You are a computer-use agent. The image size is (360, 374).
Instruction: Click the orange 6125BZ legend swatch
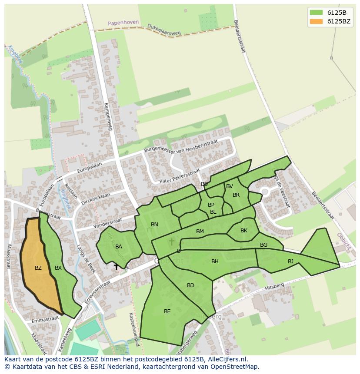[316, 21]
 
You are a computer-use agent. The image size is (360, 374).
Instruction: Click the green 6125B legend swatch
[316, 13]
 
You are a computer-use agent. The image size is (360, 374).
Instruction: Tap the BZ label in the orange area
[38, 268]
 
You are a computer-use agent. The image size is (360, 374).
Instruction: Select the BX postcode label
[58, 268]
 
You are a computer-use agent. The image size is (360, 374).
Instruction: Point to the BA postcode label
[119, 247]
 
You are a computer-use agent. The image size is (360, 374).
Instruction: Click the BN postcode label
[154, 225]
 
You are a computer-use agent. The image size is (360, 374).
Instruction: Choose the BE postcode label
[167, 311]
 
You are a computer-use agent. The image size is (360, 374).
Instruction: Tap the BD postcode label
[190, 285]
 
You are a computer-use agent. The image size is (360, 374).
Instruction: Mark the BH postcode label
[215, 261]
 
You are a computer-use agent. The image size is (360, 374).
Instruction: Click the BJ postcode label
[290, 261]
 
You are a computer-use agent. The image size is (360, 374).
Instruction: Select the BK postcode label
[243, 231]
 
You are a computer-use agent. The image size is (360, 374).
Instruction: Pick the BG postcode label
[263, 245]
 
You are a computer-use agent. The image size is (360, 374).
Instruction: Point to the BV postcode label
[230, 186]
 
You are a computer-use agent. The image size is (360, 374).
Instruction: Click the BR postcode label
[236, 195]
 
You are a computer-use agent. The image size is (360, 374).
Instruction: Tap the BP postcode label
[211, 205]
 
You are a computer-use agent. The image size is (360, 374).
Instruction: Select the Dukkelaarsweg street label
[164, 29]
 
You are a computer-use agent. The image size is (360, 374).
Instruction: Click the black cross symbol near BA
[116, 267]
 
